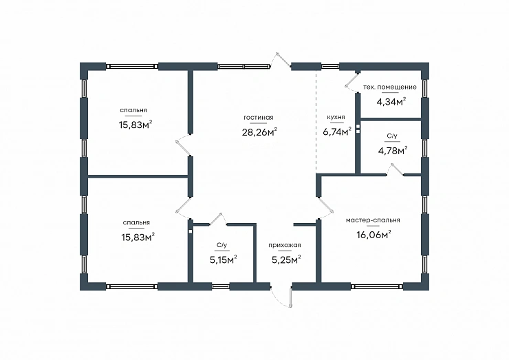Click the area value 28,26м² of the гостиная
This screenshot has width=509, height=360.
pyautogui.click(x=259, y=132)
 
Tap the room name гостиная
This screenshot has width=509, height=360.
pyautogui.click(x=259, y=118)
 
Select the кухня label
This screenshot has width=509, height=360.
pyautogui.click(x=336, y=117)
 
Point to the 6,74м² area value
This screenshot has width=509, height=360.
pyautogui.click(x=337, y=131)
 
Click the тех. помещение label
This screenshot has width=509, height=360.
pyautogui.click(x=389, y=87)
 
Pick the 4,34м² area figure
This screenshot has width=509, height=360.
pyautogui.click(x=391, y=102)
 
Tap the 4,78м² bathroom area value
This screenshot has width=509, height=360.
pyautogui.click(x=393, y=151)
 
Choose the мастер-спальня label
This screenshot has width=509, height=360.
pyautogui.click(x=373, y=220)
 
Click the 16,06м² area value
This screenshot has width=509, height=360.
pyautogui.click(x=373, y=234)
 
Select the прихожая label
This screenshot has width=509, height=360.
pyautogui.click(x=285, y=245)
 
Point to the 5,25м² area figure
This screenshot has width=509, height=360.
pyautogui.click(x=286, y=260)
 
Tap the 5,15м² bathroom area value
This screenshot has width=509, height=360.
pyautogui.click(x=223, y=260)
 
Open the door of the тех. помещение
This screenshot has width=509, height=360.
pyautogui.click(x=351, y=81)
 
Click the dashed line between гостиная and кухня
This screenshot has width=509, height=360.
pyautogui.click(x=316, y=122)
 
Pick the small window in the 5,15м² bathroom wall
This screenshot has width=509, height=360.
pyautogui.click(x=221, y=286)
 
